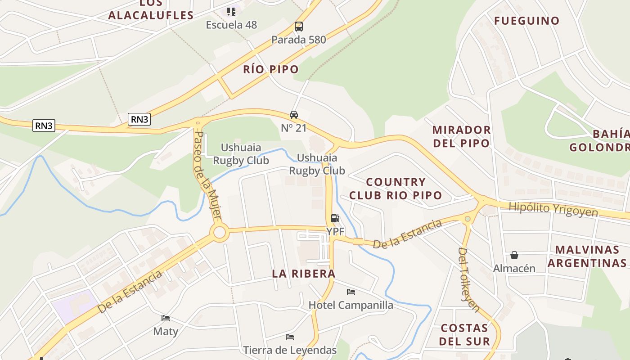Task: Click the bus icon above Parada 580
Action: [298, 27]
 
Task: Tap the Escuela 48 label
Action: [231, 25]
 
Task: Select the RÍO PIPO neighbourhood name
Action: [271, 69]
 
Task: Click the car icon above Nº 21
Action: [294, 115]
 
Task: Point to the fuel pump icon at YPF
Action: [335, 218]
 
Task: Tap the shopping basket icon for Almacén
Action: [514, 255]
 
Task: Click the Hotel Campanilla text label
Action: [351, 305]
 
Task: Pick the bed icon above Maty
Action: [166, 318]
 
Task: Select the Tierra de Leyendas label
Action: [290, 350]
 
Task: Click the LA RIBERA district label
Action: [304, 274]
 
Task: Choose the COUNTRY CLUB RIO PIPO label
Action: [396, 189]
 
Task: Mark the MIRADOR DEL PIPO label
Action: [461, 136]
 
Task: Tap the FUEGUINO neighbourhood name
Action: [526, 21]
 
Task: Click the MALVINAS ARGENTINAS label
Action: [587, 256]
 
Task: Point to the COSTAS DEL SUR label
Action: [464, 334]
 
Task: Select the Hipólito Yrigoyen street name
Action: [553, 209]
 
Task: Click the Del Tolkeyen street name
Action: [468, 279]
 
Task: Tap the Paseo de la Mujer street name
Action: [207, 175]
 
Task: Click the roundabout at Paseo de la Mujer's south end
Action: [219, 233]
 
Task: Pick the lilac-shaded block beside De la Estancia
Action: [74, 306]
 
